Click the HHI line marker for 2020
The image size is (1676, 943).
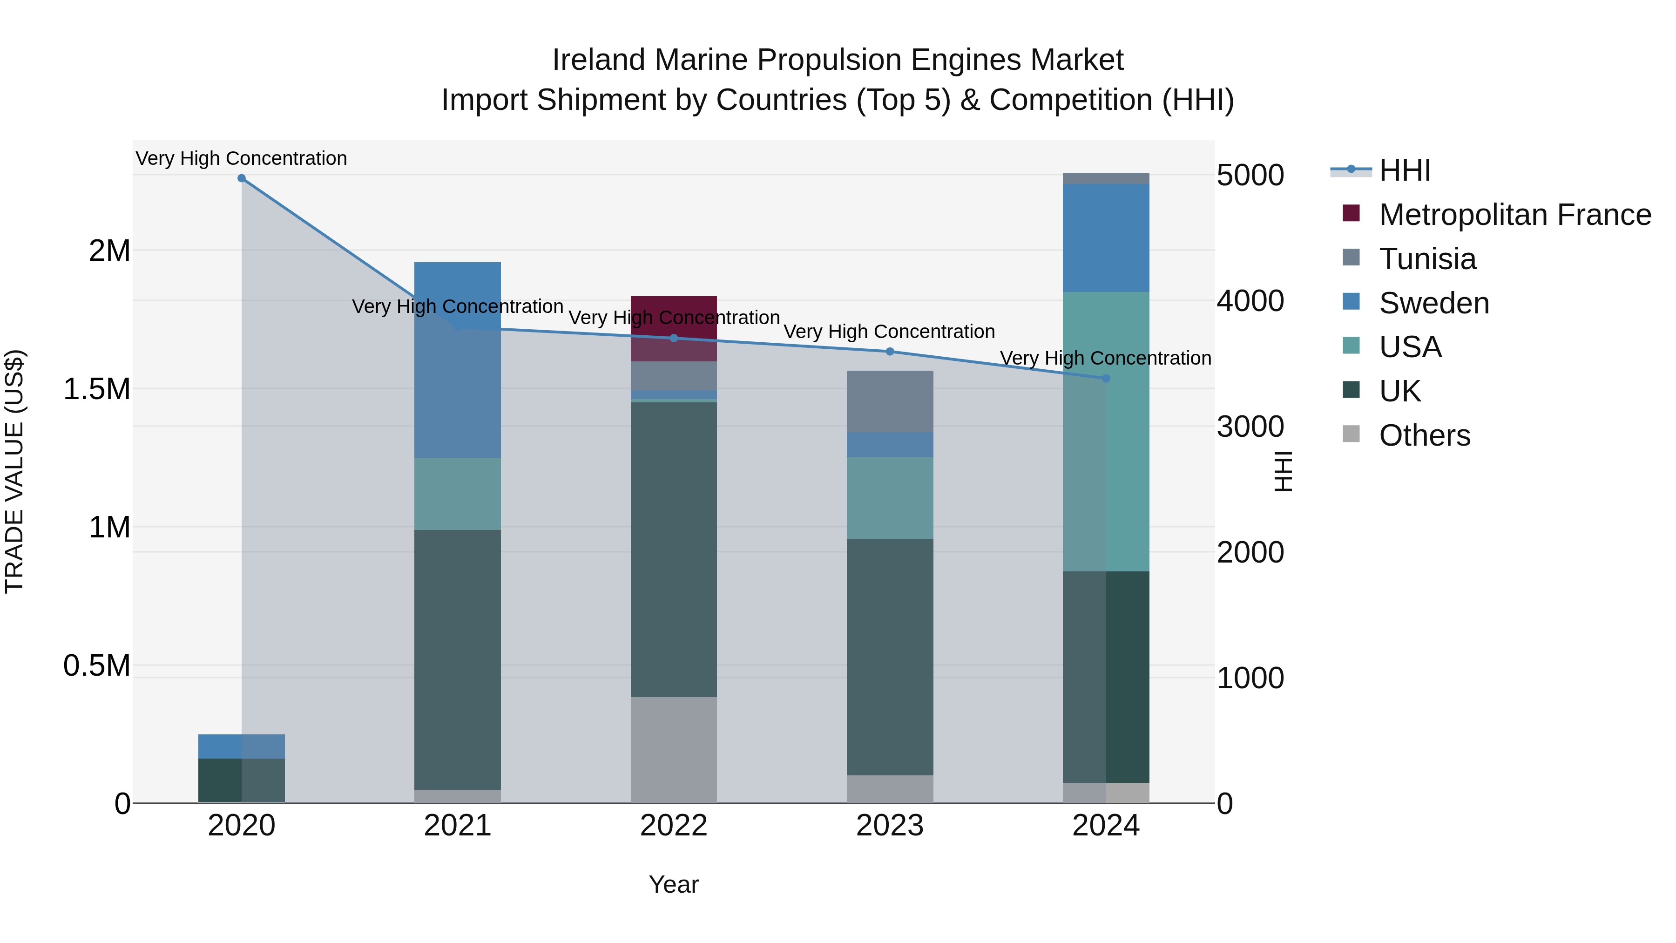241,178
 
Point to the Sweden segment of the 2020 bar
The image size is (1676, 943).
241,746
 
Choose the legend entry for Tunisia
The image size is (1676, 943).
1427,258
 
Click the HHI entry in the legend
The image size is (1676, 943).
1404,170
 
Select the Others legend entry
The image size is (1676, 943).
1424,435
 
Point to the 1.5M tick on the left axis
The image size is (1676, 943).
96,388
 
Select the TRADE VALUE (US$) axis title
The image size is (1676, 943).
14,471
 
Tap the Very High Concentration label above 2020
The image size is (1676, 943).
241,158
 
